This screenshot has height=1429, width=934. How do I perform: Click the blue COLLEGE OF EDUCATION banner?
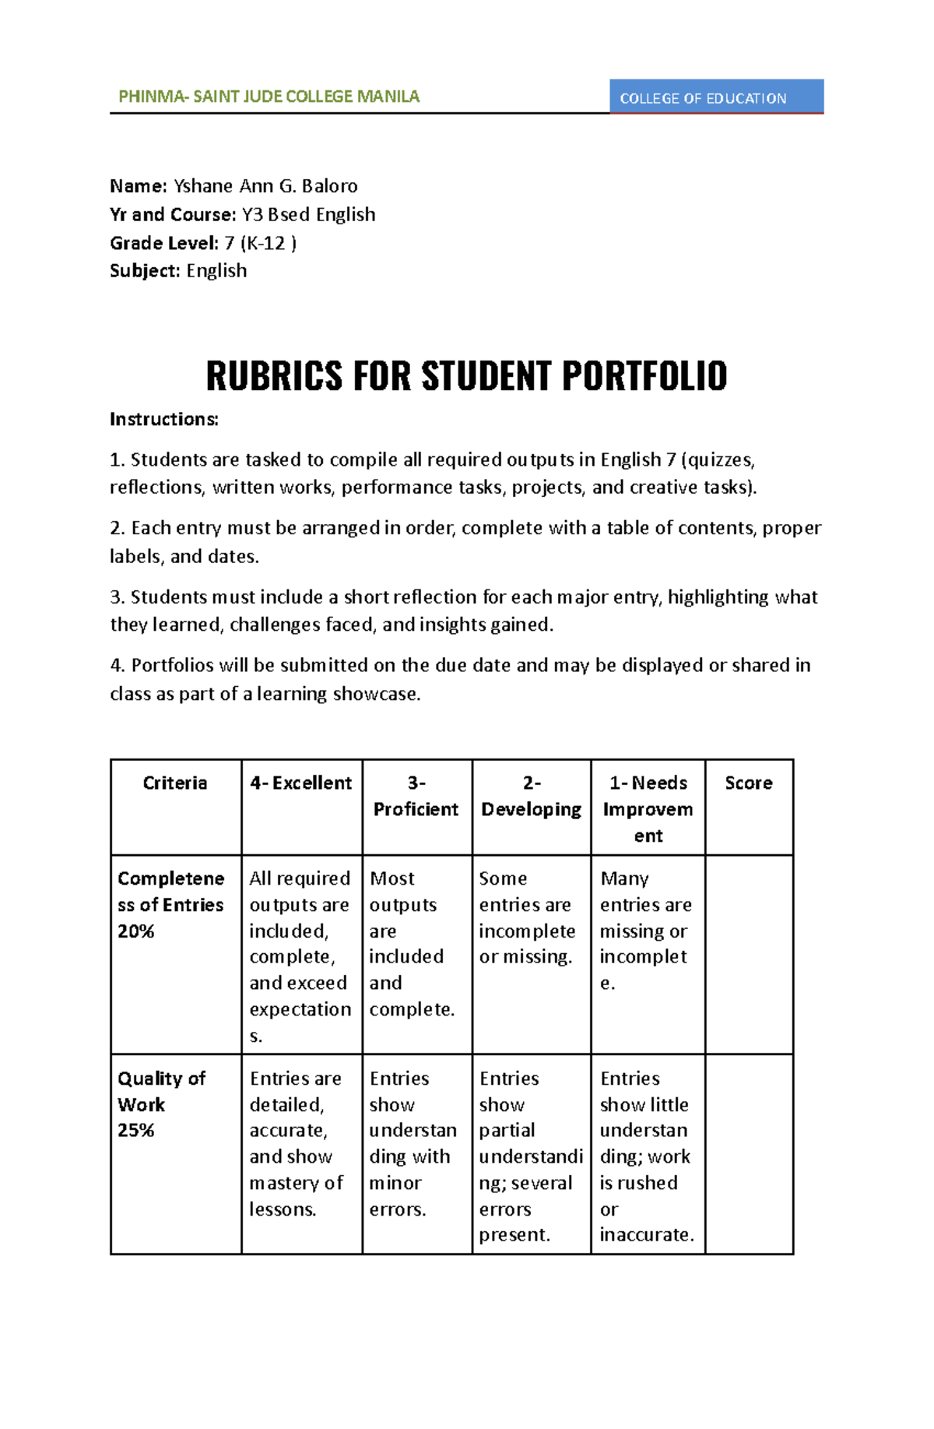tap(715, 97)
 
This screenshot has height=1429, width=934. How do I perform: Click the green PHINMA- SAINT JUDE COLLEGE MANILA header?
tap(269, 97)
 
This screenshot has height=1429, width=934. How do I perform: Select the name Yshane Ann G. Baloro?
tap(265, 186)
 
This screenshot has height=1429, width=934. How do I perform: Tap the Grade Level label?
tap(163, 243)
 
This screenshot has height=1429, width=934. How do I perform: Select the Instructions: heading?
tap(163, 420)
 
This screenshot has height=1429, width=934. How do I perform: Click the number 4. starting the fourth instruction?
tap(118, 666)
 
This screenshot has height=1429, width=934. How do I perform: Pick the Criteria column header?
tap(175, 783)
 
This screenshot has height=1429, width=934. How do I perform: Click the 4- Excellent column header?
tap(301, 783)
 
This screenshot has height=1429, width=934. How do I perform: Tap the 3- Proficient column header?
tap(416, 796)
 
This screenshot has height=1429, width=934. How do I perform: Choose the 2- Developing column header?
tap(531, 796)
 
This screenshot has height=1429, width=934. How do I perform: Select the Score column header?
tap(749, 783)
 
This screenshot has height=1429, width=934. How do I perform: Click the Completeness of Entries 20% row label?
tap(171, 905)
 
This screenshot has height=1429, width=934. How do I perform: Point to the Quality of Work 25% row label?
tap(161, 1104)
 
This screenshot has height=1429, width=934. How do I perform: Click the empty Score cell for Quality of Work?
tap(749, 1153)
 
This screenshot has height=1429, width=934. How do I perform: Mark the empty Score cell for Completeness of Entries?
tap(749, 954)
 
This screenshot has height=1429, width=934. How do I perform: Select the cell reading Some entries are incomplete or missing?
tap(527, 918)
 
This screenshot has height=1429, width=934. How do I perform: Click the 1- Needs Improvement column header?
tap(648, 809)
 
